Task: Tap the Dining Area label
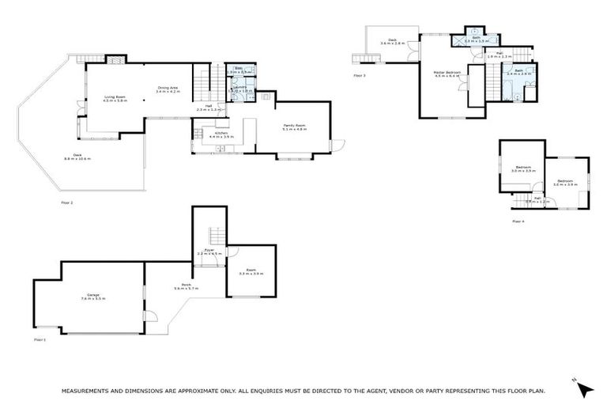(168, 89)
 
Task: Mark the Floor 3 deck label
(392, 41)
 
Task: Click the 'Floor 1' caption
(40, 339)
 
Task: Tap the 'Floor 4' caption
(518, 221)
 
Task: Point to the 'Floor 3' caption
(360, 76)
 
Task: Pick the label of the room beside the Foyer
(251, 272)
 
